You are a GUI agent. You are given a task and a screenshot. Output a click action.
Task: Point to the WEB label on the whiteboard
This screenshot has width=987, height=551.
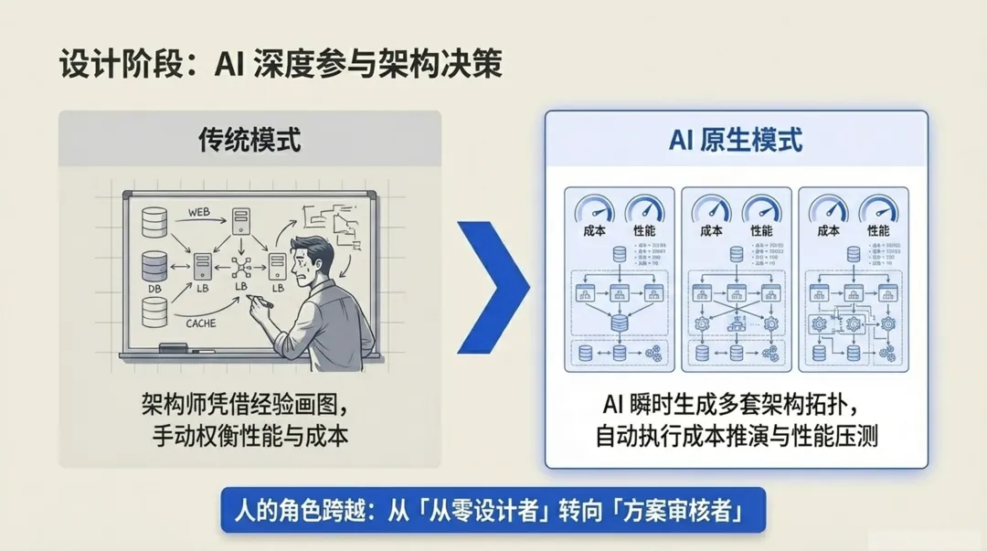199,212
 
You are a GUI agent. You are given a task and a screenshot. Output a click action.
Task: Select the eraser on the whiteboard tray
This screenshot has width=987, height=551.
173,348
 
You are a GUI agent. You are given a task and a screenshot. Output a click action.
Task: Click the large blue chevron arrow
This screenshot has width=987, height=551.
493,285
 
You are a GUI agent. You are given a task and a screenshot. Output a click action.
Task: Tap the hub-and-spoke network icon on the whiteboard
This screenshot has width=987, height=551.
241,267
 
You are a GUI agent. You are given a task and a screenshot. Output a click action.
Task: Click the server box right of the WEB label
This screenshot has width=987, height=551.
241,220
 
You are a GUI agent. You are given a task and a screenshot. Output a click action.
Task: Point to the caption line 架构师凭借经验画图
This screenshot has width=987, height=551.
246,403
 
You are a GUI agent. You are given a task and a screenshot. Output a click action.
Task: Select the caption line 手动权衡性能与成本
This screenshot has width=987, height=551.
249,436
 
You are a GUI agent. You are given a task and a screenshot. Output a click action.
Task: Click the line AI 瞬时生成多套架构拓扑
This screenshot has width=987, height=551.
736,403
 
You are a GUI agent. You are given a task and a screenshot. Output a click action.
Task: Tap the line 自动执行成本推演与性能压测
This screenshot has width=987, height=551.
736,436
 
